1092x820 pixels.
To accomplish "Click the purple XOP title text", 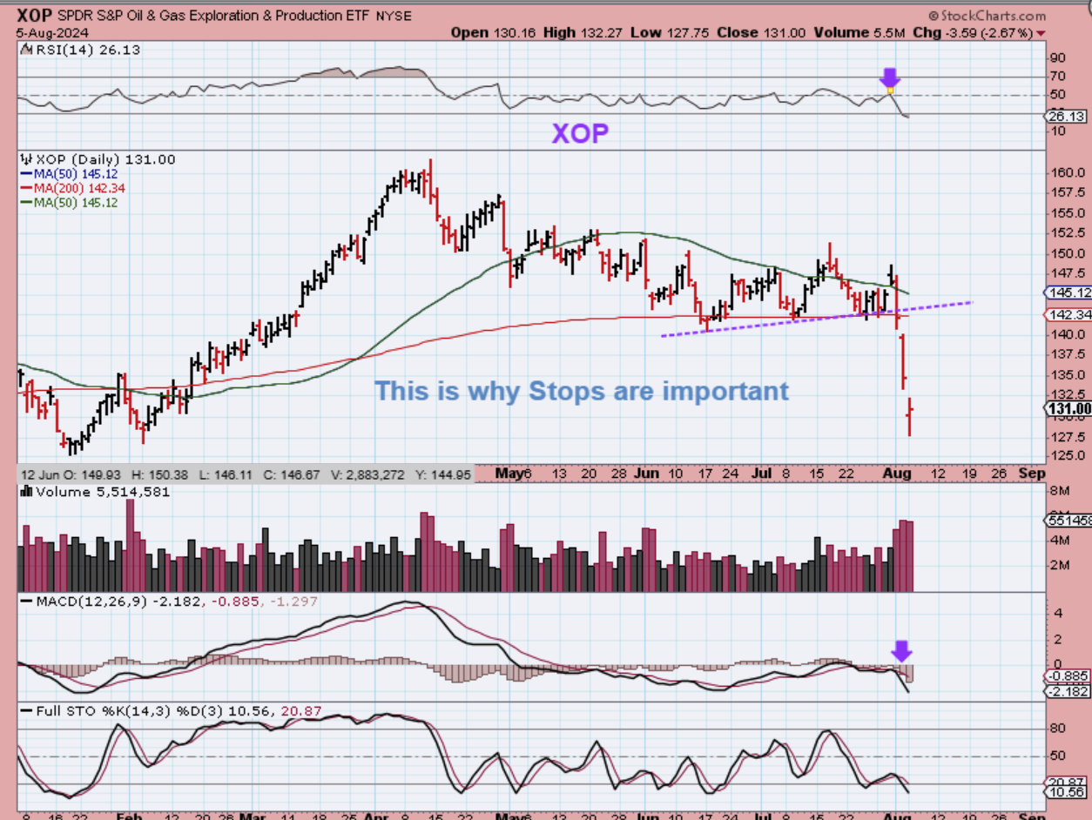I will coord(579,133).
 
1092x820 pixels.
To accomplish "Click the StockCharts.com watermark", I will coord(988,16).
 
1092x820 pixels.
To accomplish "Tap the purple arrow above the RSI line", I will coord(890,77).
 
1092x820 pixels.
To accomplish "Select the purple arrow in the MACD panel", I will coord(901,650).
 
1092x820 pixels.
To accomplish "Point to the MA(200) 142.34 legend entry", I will coord(73,188).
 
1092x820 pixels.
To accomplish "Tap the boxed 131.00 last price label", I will coord(1068,409).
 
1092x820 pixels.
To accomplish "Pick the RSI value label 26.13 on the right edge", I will coord(1066,116).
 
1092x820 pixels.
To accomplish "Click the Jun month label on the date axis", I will coord(646,474).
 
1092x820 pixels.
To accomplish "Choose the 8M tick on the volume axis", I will coord(1059,491).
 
